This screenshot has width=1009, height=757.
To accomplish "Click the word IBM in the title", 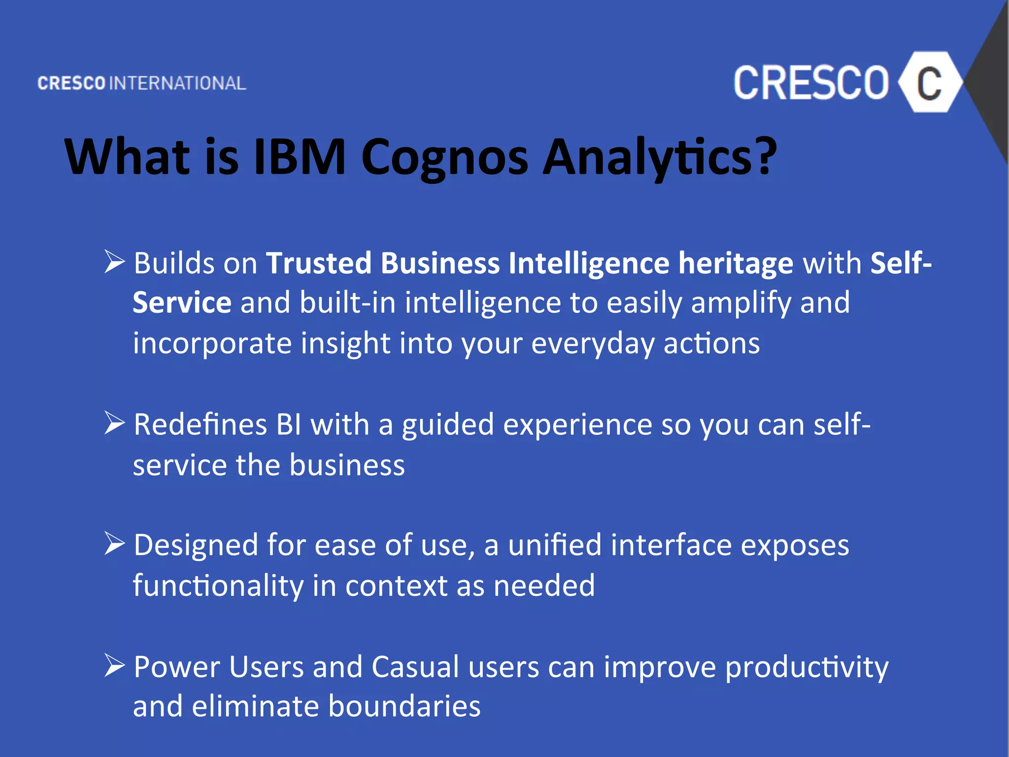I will [300, 157].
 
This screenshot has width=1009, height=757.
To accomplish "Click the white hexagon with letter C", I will [929, 83].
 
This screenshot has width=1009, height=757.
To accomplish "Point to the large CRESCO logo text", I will [811, 83].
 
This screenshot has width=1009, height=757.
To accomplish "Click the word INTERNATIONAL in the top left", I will [177, 83].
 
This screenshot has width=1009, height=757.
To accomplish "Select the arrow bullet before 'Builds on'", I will [114, 261].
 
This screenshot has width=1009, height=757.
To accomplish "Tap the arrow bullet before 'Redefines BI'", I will [114, 423].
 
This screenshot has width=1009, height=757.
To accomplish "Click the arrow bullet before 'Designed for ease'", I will [114, 544].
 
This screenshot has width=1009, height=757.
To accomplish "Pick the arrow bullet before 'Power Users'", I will [114, 665].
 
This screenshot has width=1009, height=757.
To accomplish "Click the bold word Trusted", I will [319, 263].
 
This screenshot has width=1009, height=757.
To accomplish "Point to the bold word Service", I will [182, 303].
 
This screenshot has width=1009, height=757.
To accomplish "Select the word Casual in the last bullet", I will [415, 667].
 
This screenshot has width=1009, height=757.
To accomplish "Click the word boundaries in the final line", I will [404, 706].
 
